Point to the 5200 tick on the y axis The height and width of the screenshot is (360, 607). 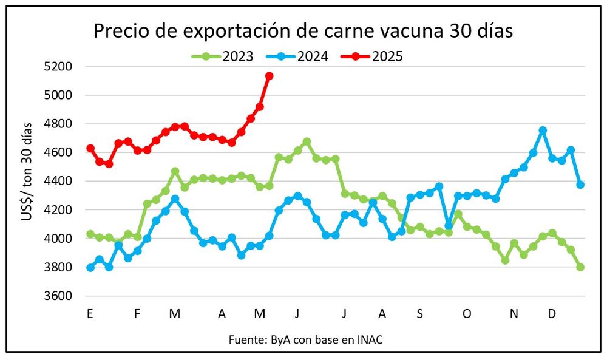coord(60,66)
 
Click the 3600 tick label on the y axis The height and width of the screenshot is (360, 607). coord(60,296)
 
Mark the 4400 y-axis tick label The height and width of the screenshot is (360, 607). coord(60,181)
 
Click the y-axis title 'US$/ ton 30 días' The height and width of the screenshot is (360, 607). coord(27,181)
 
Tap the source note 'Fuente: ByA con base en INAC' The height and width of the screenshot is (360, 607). coord(306,339)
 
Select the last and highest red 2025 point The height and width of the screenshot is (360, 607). coord(270,76)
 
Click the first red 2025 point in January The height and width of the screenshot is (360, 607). coord(90,148)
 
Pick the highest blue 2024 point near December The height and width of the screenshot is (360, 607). coord(543,131)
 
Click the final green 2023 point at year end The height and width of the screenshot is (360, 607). coord(580,267)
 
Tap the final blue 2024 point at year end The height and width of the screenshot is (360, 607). coord(580,185)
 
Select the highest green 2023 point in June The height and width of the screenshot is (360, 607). coord(307,141)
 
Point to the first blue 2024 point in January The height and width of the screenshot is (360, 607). coord(90,268)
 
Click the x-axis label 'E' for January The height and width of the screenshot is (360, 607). coord(90,314)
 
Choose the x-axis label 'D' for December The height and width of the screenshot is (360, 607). coord(552,314)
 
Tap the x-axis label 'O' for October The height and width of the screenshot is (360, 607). coord(467,314)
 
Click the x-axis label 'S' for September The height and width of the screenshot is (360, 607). coord(420,314)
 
